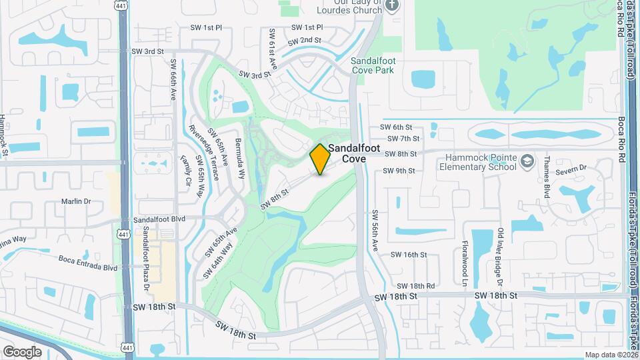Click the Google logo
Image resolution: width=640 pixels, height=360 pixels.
[22, 351]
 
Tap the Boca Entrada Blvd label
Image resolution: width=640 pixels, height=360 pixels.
[87, 267]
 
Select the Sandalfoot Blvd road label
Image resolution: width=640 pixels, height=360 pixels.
[159, 219]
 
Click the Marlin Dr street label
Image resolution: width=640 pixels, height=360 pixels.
[75, 201]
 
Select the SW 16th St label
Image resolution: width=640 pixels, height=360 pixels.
[408, 255]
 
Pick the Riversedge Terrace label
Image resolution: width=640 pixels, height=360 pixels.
[203, 153]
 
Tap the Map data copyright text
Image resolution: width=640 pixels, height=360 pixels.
[611, 355]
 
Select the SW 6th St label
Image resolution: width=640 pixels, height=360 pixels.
[397, 127]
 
